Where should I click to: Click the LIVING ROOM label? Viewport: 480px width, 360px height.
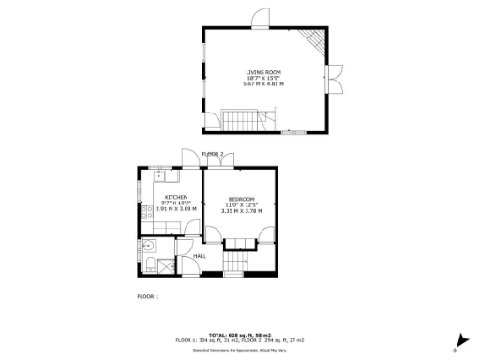[263, 72]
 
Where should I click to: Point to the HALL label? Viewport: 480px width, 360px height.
[200, 255]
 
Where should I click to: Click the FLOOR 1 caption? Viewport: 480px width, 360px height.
[148, 296]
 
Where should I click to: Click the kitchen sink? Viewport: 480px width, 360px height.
[162, 174]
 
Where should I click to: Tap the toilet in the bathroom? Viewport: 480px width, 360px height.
[151, 265]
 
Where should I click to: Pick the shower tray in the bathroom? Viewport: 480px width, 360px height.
[166, 265]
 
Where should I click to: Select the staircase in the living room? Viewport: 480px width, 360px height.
[238, 118]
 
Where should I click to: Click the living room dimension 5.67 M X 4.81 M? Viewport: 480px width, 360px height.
[263, 84]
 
